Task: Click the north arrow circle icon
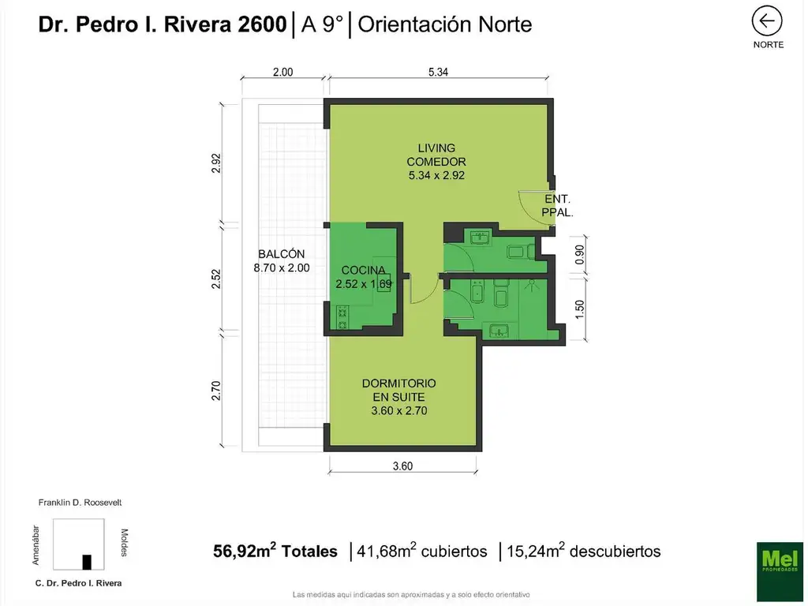pos(767,21)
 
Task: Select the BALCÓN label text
pos(282,260)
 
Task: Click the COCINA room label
pos(363,277)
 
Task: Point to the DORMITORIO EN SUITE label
pos(398,396)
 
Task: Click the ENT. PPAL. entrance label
pos(557,206)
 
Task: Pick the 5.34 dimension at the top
pos(439,72)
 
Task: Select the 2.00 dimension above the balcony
pos(282,72)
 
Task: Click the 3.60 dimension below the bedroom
pos(402,466)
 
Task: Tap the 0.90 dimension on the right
pos(580,254)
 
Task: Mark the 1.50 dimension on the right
pos(580,309)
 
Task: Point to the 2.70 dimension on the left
pos(217,391)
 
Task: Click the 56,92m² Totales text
pos(275,552)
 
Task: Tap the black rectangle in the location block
pos(87,562)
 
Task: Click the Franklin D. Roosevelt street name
pos(80,502)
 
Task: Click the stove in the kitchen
pos(342,318)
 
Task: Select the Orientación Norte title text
pos(445,24)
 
